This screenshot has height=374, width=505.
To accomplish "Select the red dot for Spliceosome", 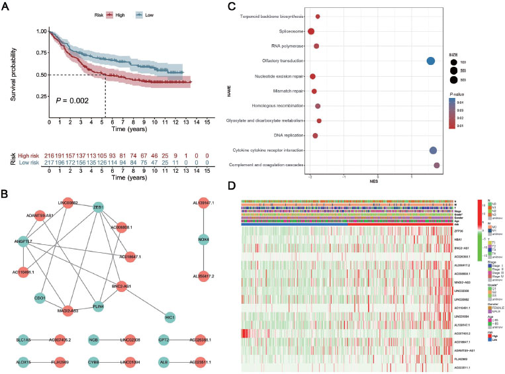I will click(x=311, y=31).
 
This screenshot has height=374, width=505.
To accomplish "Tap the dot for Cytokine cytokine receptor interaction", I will click(x=434, y=151).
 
